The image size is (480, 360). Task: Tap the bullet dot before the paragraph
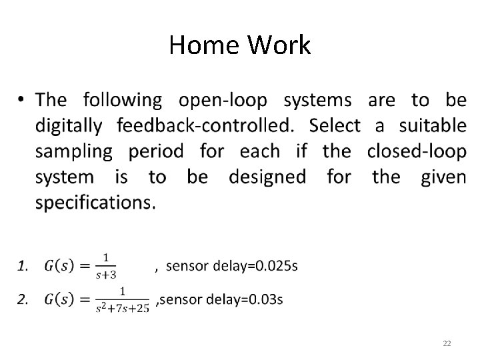coord(21,101)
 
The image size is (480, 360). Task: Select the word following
coord(122,101)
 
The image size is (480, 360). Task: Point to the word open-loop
coord(223,101)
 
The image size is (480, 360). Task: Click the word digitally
coord(69,125)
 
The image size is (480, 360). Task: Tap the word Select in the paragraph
coord(335,125)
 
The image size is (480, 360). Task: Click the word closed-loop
coord(417,151)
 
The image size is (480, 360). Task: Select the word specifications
coord(95,202)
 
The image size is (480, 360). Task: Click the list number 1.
coord(23,267)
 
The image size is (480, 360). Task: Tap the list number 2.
coord(23,299)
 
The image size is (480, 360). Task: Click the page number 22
coord(447,343)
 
